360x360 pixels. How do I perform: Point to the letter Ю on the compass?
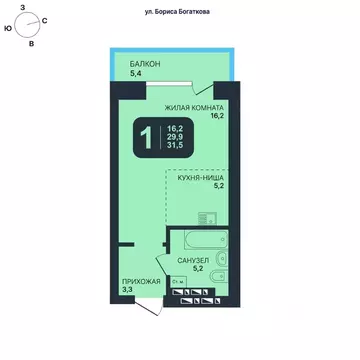[x=8, y=30]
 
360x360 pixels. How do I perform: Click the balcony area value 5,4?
[x=136, y=73]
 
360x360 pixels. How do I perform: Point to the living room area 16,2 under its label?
[x=216, y=116]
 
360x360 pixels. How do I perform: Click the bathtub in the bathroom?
[x=204, y=241]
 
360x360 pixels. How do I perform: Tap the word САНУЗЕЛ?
[x=193, y=260]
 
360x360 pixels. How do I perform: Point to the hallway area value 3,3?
[x=127, y=291]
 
